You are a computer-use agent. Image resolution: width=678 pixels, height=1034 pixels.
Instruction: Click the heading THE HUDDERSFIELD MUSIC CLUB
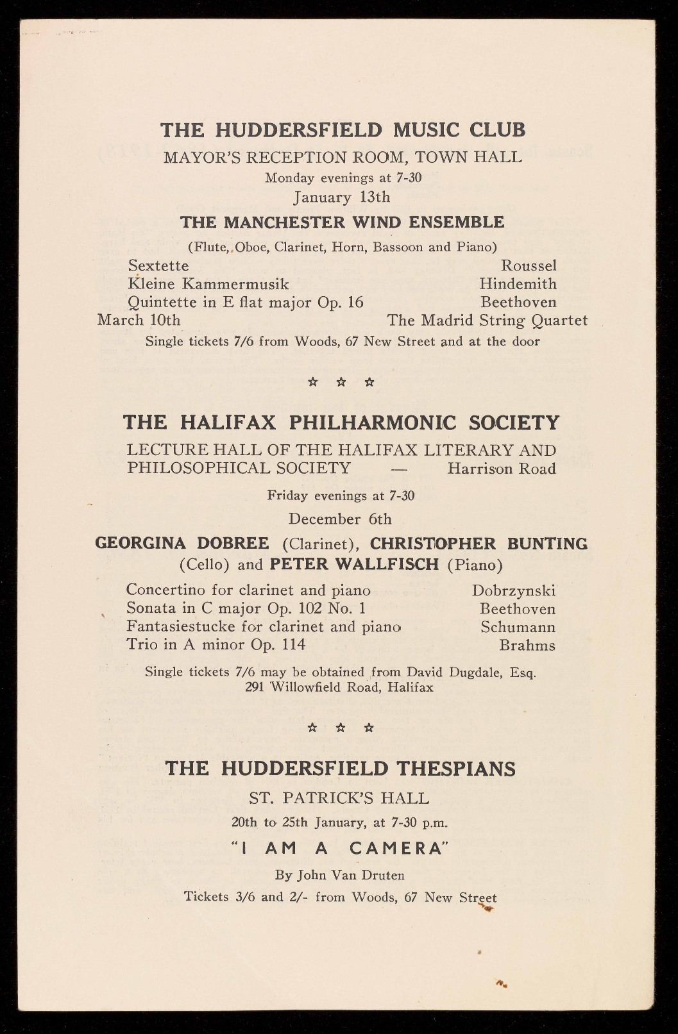343,130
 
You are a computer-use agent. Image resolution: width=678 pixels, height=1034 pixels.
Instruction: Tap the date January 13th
341,196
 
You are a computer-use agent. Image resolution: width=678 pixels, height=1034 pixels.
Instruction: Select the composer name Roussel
529,265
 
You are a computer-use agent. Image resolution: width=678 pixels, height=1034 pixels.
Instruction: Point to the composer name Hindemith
518,283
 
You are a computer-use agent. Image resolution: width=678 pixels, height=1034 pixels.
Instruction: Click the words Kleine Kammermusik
208,283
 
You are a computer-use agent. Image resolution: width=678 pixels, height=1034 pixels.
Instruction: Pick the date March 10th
139,320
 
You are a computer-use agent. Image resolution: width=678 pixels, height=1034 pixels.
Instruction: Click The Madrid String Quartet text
487,320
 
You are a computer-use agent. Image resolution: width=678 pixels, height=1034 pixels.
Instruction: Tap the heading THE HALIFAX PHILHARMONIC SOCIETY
341,422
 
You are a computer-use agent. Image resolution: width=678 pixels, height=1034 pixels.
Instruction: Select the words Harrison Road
502,469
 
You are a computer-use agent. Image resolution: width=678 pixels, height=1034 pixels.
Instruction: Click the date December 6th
340,518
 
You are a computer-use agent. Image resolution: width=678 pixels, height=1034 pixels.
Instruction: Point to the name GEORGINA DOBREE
182,544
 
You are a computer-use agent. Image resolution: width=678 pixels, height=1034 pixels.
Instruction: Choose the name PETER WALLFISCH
354,565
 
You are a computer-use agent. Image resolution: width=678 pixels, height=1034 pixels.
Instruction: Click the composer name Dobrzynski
514,590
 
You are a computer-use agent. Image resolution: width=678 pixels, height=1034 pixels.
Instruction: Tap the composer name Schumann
518,627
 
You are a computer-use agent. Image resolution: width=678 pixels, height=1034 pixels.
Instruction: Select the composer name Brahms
527,645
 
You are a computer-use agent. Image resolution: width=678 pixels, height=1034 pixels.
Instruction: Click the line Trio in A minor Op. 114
216,644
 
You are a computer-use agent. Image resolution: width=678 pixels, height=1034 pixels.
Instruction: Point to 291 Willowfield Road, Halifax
339,687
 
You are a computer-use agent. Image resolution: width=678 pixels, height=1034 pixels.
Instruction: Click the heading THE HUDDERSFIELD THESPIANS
340,768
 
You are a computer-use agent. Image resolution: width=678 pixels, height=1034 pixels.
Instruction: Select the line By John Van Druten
339,875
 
